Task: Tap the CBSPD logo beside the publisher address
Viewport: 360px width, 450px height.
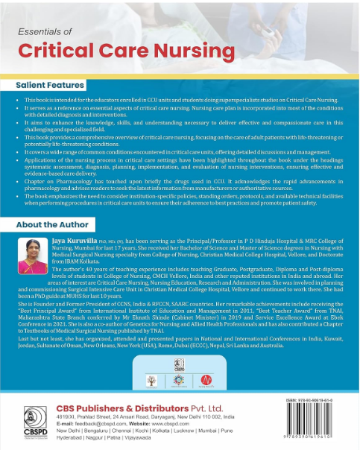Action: [x=30, y=424]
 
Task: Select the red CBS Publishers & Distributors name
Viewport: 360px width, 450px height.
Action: [x=130, y=410]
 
